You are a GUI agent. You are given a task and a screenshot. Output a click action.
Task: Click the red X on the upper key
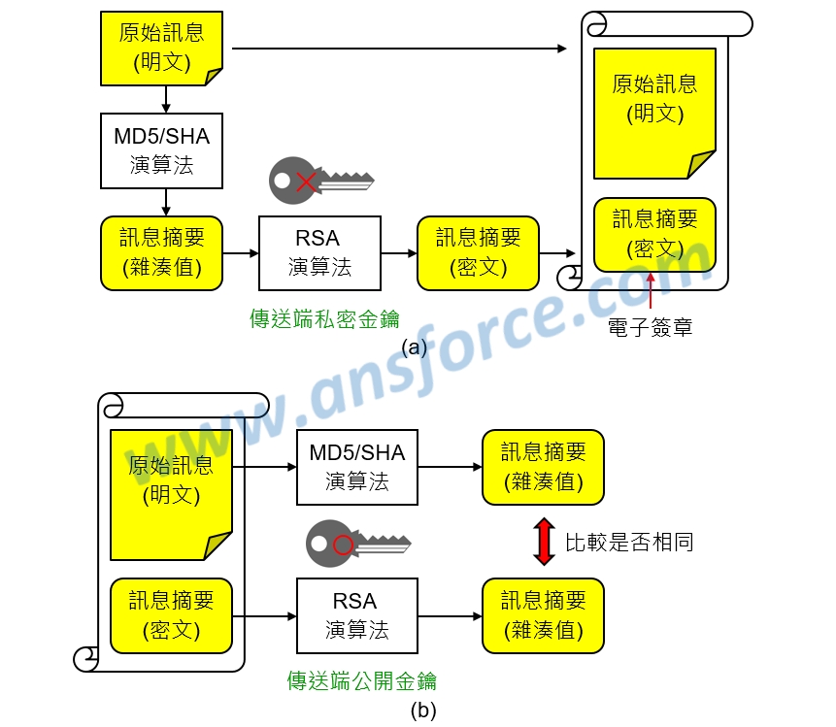[x=306, y=182]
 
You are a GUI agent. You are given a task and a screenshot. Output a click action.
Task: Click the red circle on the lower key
[x=343, y=545]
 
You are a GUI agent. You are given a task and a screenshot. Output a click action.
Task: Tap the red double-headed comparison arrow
[x=544, y=542]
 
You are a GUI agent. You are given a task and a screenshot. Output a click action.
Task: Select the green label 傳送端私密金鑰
[x=324, y=319]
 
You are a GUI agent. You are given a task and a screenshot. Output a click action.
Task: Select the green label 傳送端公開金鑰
[x=361, y=681]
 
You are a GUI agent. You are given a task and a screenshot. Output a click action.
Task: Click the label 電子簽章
[x=650, y=327]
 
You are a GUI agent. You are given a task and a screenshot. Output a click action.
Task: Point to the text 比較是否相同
[x=629, y=542]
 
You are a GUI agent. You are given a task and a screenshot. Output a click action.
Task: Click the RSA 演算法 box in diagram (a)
[x=319, y=253]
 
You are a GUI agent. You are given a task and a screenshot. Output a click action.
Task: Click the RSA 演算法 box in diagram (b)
[x=357, y=615]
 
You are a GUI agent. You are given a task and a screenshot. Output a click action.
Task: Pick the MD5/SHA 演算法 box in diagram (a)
[x=161, y=150]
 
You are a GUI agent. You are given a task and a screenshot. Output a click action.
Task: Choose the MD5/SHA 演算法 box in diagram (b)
[x=357, y=467]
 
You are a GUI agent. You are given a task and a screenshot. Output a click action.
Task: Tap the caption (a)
[x=415, y=347]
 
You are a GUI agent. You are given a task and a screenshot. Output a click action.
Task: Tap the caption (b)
[x=423, y=710]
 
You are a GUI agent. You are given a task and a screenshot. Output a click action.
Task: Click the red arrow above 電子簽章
[x=651, y=291]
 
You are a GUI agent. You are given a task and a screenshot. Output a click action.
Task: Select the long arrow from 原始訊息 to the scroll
[x=399, y=49]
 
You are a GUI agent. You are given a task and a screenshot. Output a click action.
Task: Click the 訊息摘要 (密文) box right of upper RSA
[x=479, y=253]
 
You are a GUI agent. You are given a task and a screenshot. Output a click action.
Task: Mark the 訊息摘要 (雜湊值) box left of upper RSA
[x=161, y=253]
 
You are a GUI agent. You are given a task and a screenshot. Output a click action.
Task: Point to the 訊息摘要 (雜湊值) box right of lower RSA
[x=544, y=615]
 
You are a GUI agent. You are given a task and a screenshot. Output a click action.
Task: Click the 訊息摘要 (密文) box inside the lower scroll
[x=171, y=615]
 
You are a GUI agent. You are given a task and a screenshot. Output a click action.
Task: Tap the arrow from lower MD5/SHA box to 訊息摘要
[x=450, y=467]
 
